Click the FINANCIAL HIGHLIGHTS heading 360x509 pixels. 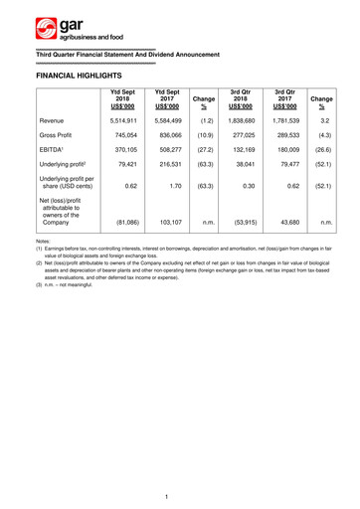pos(79,75)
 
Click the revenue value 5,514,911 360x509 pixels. pos(121,118)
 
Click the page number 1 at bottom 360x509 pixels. pos(180,495)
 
